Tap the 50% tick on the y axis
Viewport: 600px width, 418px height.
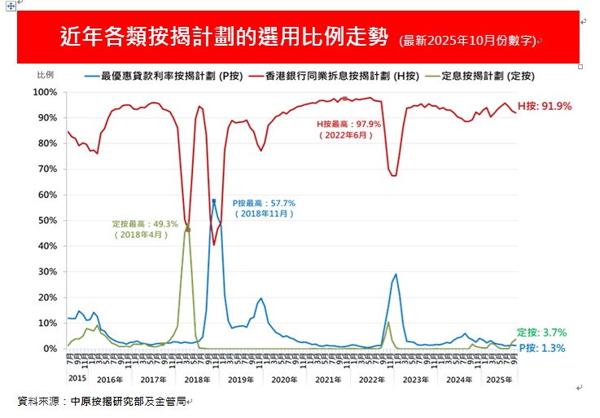pyautogui.click(x=46, y=220)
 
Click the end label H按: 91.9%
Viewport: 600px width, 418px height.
pyautogui.click(x=545, y=106)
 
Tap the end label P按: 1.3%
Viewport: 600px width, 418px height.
pyautogui.click(x=542, y=348)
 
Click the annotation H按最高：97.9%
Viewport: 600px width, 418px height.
pyautogui.click(x=349, y=124)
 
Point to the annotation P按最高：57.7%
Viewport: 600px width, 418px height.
pyautogui.click(x=264, y=203)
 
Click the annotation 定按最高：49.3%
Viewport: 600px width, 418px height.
pyautogui.click(x=145, y=224)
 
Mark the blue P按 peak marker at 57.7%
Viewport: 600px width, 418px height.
pyautogui.click(x=213, y=200)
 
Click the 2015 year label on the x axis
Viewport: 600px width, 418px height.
pyautogui.click(x=77, y=378)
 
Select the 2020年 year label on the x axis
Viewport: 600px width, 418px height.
pyautogui.click(x=285, y=379)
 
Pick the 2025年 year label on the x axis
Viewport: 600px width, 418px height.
pyautogui.click(x=497, y=379)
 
